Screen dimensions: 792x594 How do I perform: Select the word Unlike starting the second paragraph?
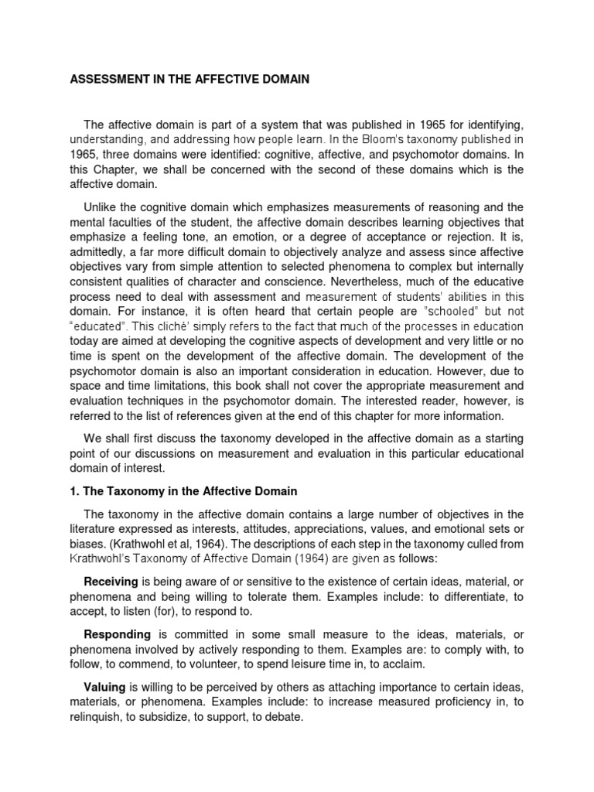103,207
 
